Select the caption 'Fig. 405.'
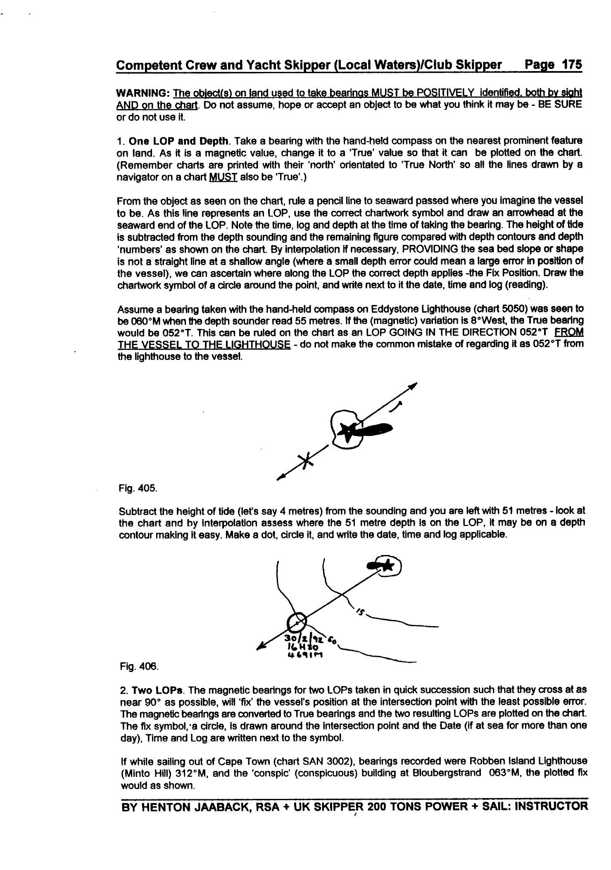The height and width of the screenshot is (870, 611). [x=138, y=488]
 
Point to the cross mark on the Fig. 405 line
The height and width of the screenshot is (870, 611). [x=304, y=459]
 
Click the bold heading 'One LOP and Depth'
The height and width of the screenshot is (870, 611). [x=179, y=141]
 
